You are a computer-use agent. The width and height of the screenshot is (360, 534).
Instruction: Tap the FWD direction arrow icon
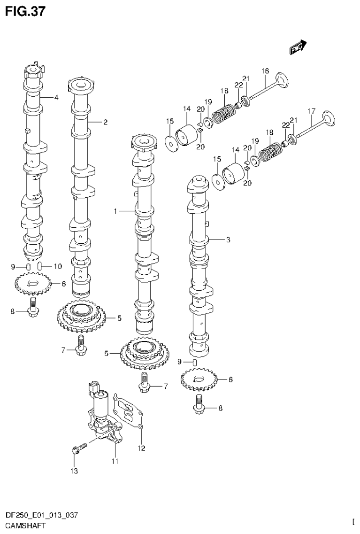[x=298, y=46]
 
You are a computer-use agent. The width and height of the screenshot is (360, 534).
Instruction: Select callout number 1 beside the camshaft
[x=115, y=212]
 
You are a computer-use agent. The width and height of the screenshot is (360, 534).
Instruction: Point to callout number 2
[x=106, y=122]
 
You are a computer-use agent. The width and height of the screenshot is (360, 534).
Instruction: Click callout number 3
[x=228, y=240]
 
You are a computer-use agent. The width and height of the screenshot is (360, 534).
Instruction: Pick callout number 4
[x=56, y=98]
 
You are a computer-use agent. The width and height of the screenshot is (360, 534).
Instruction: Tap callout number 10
[x=57, y=266]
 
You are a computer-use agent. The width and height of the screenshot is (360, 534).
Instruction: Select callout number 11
[x=115, y=462]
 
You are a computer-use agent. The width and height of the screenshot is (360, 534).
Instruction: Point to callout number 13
[x=74, y=471]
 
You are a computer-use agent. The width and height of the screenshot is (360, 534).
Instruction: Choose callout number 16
[x=265, y=71]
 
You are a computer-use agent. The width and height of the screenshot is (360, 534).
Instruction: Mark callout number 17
[x=310, y=111]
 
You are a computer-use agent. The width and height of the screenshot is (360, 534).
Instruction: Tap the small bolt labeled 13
[x=79, y=447]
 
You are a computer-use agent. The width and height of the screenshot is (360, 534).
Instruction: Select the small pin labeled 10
[x=40, y=266]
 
